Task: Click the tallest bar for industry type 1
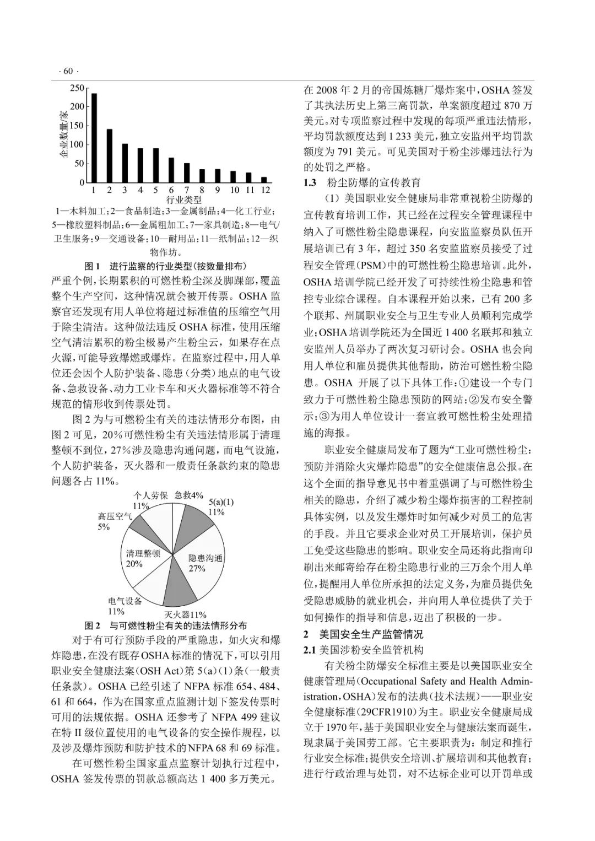pyautogui.click(x=94, y=138)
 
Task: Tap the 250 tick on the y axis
pyautogui.click(x=78, y=88)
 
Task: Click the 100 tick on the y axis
pyautogui.click(x=78, y=144)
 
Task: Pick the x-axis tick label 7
pyautogui.click(x=187, y=190)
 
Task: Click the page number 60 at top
pyautogui.click(x=68, y=71)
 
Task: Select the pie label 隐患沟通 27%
pyautogui.click(x=205, y=563)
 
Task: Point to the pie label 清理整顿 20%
pyautogui.click(x=143, y=558)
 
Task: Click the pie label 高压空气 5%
pyautogui.click(x=114, y=521)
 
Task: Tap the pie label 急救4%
pyautogui.click(x=189, y=495)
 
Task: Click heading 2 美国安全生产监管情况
pyautogui.click(x=364, y=635)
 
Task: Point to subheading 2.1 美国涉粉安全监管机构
pyautogui.click(x=363, y=650)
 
